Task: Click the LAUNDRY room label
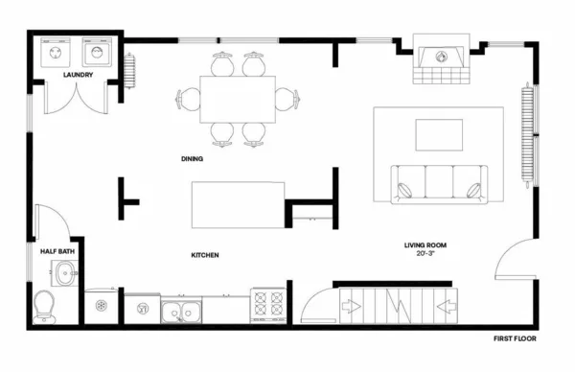(x=78, y=74)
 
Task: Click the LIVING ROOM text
(x=425, y=245)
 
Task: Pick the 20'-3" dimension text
(x=425, y=255)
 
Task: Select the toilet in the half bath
(x=42, y=306)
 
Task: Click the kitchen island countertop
(x=240, y=204)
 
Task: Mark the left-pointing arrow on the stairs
(x=446, y=308)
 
